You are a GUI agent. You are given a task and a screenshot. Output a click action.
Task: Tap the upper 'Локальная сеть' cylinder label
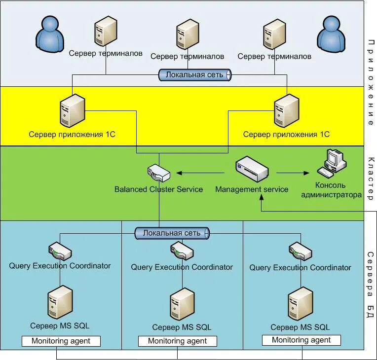pos(195,75)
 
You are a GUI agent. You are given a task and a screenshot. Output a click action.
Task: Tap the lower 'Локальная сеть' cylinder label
pos(172,233)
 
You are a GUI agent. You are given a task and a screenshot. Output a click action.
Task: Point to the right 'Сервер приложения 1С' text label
pos(286,134)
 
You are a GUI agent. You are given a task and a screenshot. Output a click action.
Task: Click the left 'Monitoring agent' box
pos(61,341)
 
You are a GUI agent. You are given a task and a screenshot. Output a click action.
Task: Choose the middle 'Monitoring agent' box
pos(177,341)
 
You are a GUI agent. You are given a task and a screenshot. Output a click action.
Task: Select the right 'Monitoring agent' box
pos(301,340)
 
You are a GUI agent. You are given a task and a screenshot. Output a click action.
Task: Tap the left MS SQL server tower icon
pos(60,303)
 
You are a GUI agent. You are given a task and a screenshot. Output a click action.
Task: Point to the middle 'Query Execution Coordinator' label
pos(182,267)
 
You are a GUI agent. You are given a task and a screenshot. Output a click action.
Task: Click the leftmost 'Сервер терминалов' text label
pos(106,53)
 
